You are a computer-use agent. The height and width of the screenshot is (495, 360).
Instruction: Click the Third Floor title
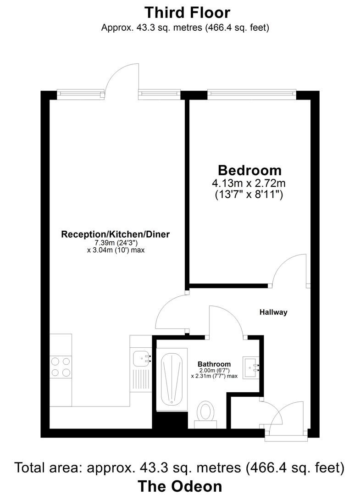[187, 12]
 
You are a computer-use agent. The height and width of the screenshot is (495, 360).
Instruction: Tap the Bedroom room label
[249, 170]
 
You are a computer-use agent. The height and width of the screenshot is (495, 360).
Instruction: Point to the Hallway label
[273, 312]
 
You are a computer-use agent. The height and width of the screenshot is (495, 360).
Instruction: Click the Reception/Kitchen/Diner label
[116, 234]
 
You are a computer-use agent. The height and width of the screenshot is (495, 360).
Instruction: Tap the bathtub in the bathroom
[172, 379]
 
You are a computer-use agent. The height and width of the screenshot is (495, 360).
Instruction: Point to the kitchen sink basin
[140, 357]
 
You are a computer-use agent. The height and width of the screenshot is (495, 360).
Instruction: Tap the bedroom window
[251, 94]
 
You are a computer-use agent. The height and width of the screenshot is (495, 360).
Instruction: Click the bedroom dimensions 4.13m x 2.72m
[249, 184]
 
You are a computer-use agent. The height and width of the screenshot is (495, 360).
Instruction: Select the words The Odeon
[180, 486]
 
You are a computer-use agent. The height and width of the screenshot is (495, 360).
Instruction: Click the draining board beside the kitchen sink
[140, 379]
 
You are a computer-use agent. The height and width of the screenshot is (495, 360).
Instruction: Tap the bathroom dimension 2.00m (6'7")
[214, 370]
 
